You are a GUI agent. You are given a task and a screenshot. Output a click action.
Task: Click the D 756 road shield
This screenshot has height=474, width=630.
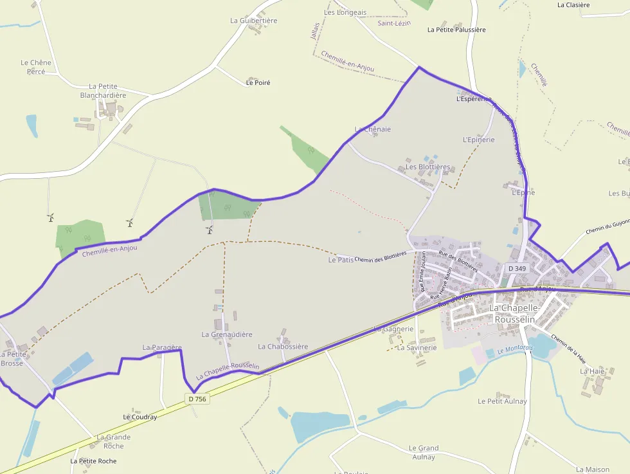click(199, 399)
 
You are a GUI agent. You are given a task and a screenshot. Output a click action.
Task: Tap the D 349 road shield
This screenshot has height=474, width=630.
click(517, 268)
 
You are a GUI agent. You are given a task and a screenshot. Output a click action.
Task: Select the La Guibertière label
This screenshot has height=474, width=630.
click(253, 21)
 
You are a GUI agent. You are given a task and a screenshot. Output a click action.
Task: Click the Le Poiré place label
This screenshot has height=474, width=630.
click(258, 82)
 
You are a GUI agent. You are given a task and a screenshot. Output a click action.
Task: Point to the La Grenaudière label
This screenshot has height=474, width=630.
click(227, 334)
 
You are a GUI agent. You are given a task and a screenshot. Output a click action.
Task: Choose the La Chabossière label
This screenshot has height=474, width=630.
click(283, 347)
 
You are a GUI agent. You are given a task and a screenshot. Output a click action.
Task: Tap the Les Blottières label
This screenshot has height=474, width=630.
click(428, 167)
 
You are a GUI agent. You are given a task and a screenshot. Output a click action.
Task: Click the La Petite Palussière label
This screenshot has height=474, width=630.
click(456, 30)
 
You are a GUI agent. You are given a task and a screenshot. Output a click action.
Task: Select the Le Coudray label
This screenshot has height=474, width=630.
click(140, 417)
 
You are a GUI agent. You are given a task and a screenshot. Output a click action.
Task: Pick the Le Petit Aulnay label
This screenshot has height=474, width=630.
click(502, 401)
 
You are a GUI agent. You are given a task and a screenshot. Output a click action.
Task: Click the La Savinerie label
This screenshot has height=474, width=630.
click(417, 347)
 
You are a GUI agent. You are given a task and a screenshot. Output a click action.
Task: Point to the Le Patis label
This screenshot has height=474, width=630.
click(341, 260)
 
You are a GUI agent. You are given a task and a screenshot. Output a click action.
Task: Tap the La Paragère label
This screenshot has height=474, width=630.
click(162, 347)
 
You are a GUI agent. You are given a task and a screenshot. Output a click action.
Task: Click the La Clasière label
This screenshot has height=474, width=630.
click(573, 5)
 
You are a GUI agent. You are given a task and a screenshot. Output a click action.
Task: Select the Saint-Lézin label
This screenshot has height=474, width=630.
click(394, 23)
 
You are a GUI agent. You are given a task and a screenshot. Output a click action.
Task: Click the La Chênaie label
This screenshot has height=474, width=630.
click(373, 129)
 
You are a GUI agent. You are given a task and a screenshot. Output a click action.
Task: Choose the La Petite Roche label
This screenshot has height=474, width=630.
click(94, 461)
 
